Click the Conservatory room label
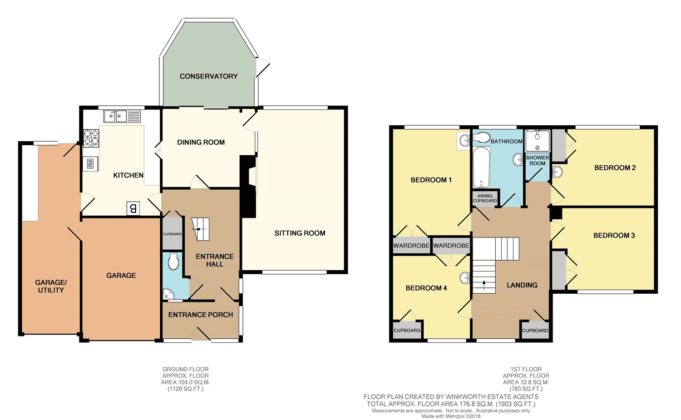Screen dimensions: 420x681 208,76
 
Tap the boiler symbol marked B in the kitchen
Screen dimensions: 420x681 133,208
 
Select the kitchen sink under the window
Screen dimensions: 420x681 115,117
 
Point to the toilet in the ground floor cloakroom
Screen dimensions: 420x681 172,262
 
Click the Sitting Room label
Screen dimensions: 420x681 300,233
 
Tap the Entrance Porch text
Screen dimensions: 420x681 200,315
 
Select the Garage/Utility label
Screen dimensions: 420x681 51,286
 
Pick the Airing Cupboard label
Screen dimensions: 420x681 485,198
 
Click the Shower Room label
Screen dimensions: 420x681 537,160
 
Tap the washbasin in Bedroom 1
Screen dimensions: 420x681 464,141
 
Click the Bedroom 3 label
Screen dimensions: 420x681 614,235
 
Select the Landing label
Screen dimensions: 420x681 522,285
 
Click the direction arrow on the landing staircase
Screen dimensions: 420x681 484,285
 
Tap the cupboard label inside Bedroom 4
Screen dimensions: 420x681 407,331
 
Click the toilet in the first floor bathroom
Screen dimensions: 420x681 482,137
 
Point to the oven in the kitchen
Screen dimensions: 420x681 90,164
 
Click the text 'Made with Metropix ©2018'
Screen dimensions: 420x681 450,416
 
